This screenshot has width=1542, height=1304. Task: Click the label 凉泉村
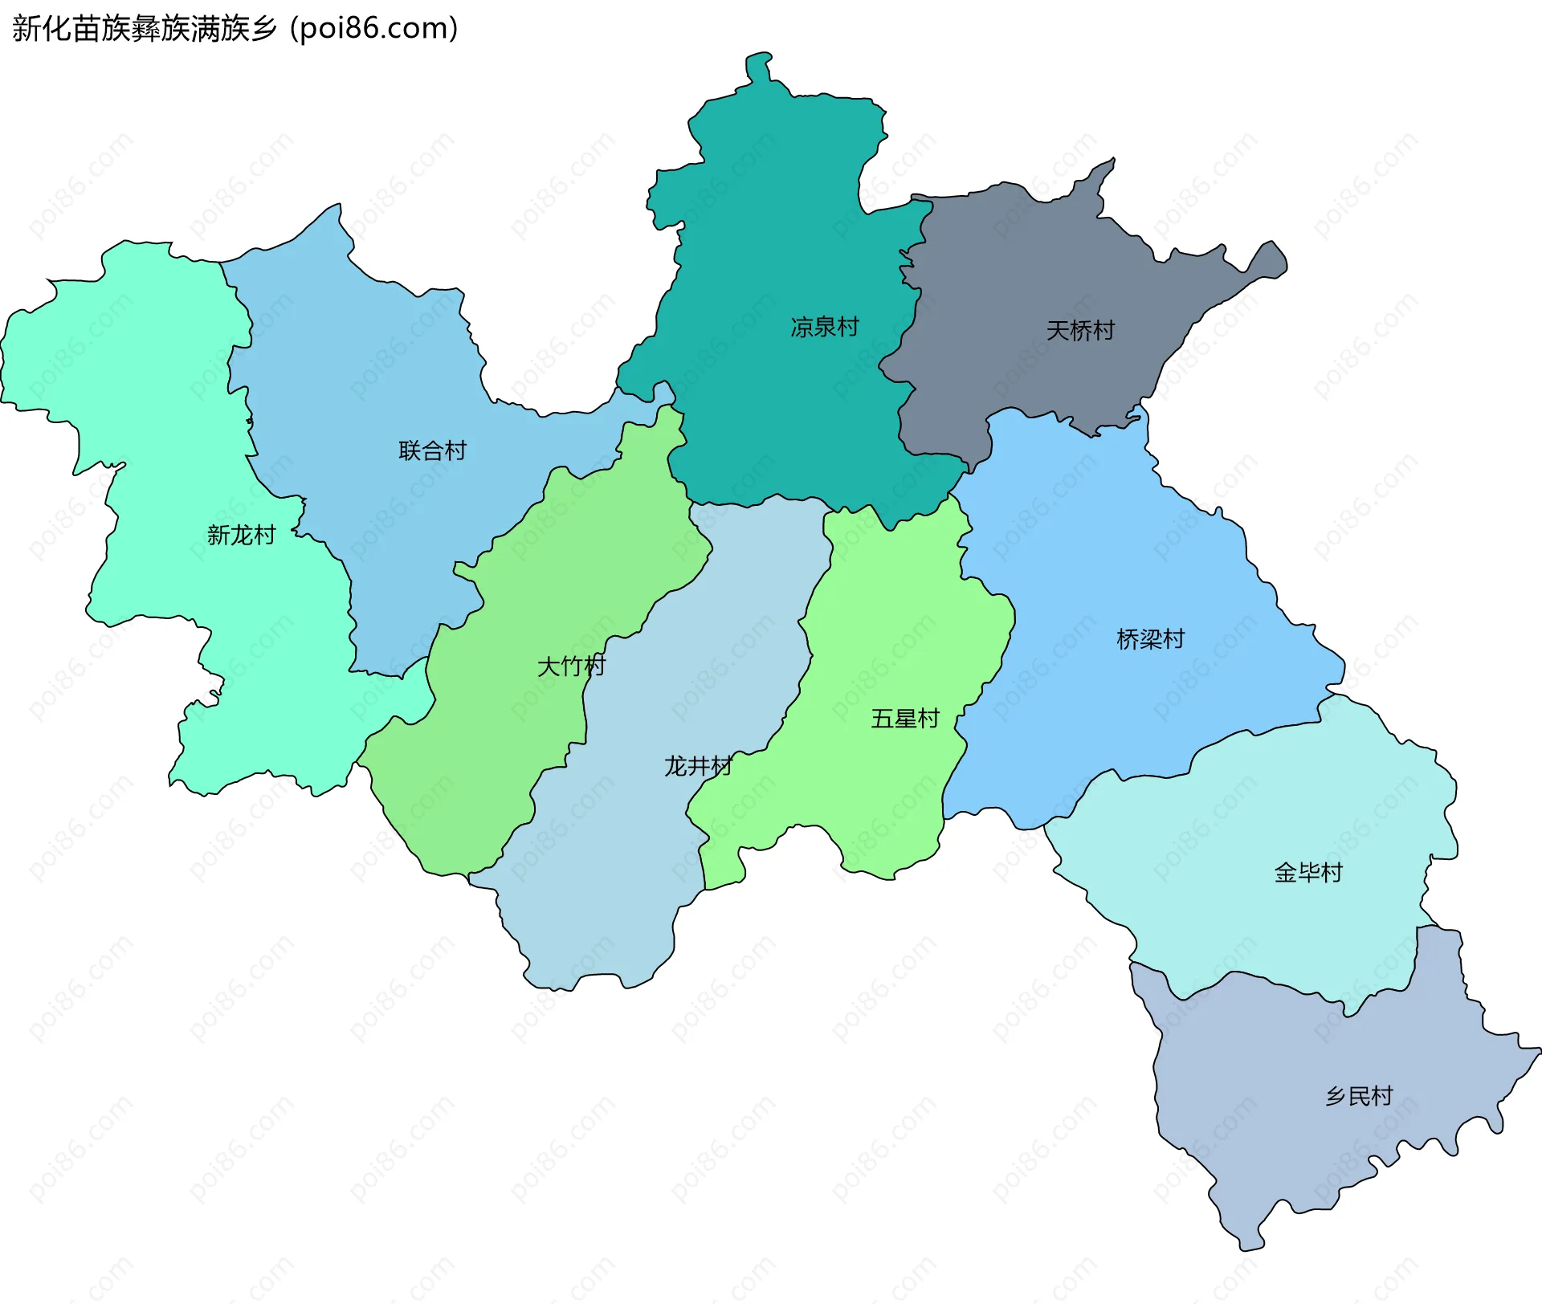[x=825, y=328]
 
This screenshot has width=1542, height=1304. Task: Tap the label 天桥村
[x=1080, y=331]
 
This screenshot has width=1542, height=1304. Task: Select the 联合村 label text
[x=433, y=451]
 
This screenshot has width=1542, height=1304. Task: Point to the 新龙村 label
[x=242, y=536]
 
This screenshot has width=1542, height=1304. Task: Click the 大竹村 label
[x=571, y=666]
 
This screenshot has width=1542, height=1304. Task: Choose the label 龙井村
[x=698, y=767]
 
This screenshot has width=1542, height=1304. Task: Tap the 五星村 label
[x=905, y=719]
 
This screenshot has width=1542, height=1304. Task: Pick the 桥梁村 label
[x=1151, y=640]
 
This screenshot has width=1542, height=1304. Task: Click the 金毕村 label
[x=1308, y=873]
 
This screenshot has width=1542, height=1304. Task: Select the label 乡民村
[x=1359, y=1097]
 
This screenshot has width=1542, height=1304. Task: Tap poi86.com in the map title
[x=374, y=29]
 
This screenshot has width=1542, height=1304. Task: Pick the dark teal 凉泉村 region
[x=771, y=241]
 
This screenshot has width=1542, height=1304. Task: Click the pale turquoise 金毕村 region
[x=1253, y=843]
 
